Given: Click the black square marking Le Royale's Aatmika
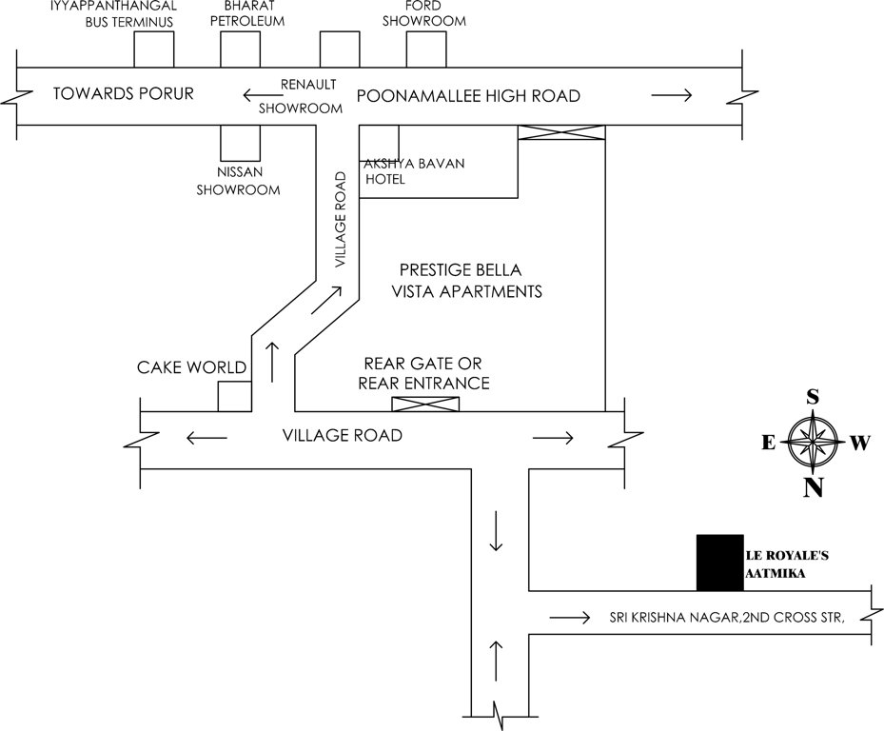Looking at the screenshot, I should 718,563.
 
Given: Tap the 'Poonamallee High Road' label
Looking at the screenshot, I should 467,96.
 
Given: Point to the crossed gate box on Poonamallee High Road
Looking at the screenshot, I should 561,133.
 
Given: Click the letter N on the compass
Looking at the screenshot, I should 813,488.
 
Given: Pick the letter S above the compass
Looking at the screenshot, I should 813,396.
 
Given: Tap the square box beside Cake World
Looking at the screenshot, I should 235,396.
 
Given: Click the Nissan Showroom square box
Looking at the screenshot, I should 240,143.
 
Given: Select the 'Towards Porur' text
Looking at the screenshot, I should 124,93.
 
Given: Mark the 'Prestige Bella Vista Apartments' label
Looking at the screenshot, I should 467,281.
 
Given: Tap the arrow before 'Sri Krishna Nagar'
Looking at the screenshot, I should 569,619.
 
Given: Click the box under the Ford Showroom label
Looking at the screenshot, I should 426,49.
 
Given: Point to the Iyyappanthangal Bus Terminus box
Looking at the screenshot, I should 154,49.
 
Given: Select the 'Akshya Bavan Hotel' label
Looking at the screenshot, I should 413,171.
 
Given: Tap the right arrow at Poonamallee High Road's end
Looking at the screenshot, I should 672,94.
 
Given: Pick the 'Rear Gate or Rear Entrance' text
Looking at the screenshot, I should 423,374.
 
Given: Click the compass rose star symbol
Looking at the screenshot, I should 813,442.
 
